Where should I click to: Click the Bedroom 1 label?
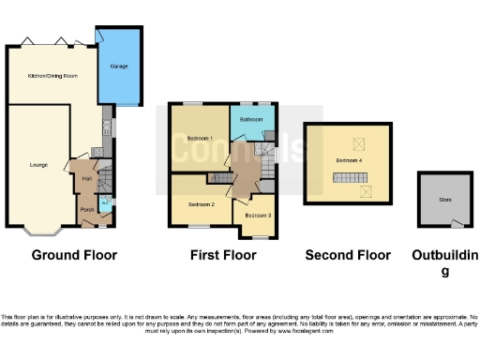tap(200, 139)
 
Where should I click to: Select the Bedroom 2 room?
tap(201, 203)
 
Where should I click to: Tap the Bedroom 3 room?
tap(258, 216)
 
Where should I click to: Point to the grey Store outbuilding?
tap(444, 199)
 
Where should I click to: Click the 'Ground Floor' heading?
tap(74, 255)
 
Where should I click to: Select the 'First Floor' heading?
tap(223, 255)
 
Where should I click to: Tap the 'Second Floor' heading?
tap(347, 255)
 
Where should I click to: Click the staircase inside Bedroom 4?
tap(349, 177)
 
